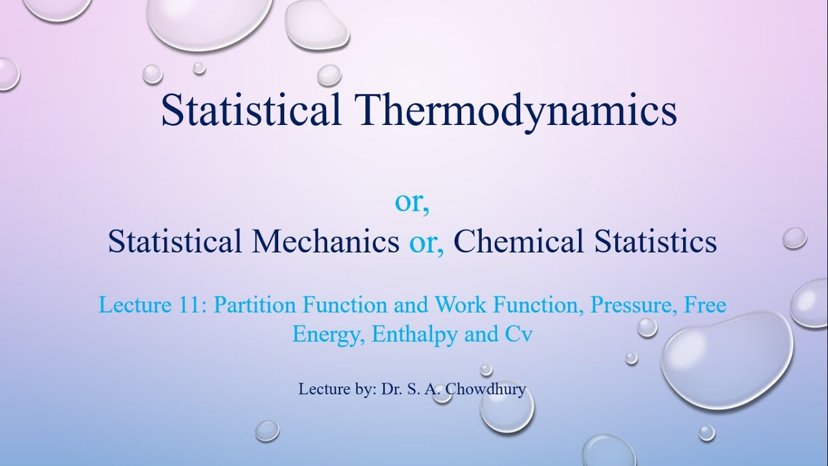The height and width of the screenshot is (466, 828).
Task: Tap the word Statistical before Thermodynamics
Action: pos(251,111)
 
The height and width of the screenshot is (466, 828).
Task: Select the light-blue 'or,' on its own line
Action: pos(412,203)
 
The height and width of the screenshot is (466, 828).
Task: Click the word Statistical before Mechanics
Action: pos(175,242)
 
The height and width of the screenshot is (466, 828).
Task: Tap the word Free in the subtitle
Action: pos(704,305)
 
